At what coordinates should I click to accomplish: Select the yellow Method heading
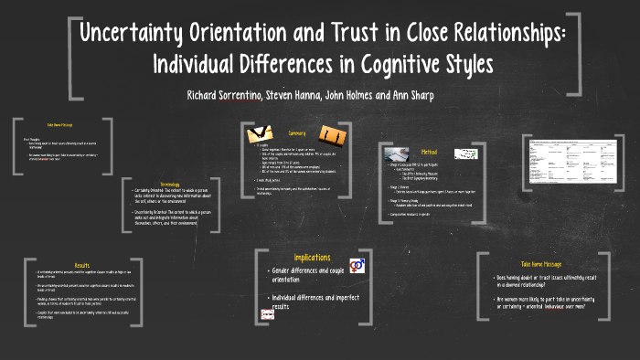[x=429, y=153]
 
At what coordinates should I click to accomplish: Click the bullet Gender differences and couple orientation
[x=312, y=277]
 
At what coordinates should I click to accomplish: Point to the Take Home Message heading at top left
[x=59, y=124]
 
